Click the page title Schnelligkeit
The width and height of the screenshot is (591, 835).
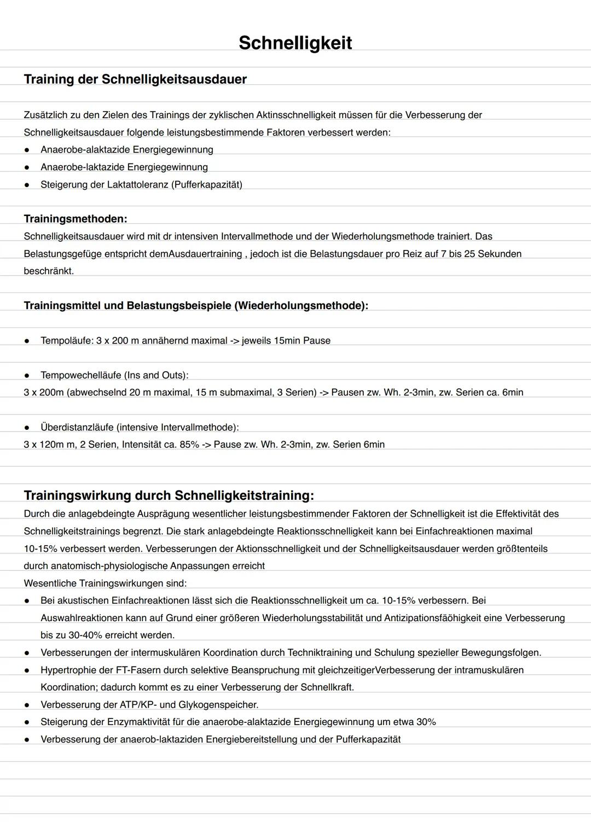[295, 43]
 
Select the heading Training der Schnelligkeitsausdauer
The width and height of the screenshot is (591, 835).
[135, 79]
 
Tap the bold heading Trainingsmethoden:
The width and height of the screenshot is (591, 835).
[76, 219]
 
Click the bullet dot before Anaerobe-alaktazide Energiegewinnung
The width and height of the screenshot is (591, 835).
[27, 150]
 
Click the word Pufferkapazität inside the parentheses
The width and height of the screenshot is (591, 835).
[206, 184]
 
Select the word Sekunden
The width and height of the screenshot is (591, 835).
[499, 254]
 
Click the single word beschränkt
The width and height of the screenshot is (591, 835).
[49, 271]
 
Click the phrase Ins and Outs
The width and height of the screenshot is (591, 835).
[156, 375]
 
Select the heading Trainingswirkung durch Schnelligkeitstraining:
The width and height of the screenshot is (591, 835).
[169, 495]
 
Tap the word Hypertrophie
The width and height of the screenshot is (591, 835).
[68, 670]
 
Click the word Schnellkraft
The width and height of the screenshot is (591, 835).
[327, 687]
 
